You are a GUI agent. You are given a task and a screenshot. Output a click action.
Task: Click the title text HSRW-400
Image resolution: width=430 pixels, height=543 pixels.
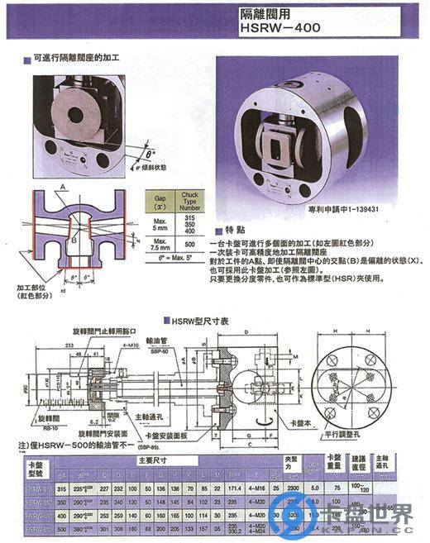pos(277,26)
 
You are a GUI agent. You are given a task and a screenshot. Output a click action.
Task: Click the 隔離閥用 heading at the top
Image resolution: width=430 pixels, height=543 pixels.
pos(265,12)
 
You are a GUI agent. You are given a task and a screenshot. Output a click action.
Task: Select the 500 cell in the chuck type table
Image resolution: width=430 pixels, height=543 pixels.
pos(191,245)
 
